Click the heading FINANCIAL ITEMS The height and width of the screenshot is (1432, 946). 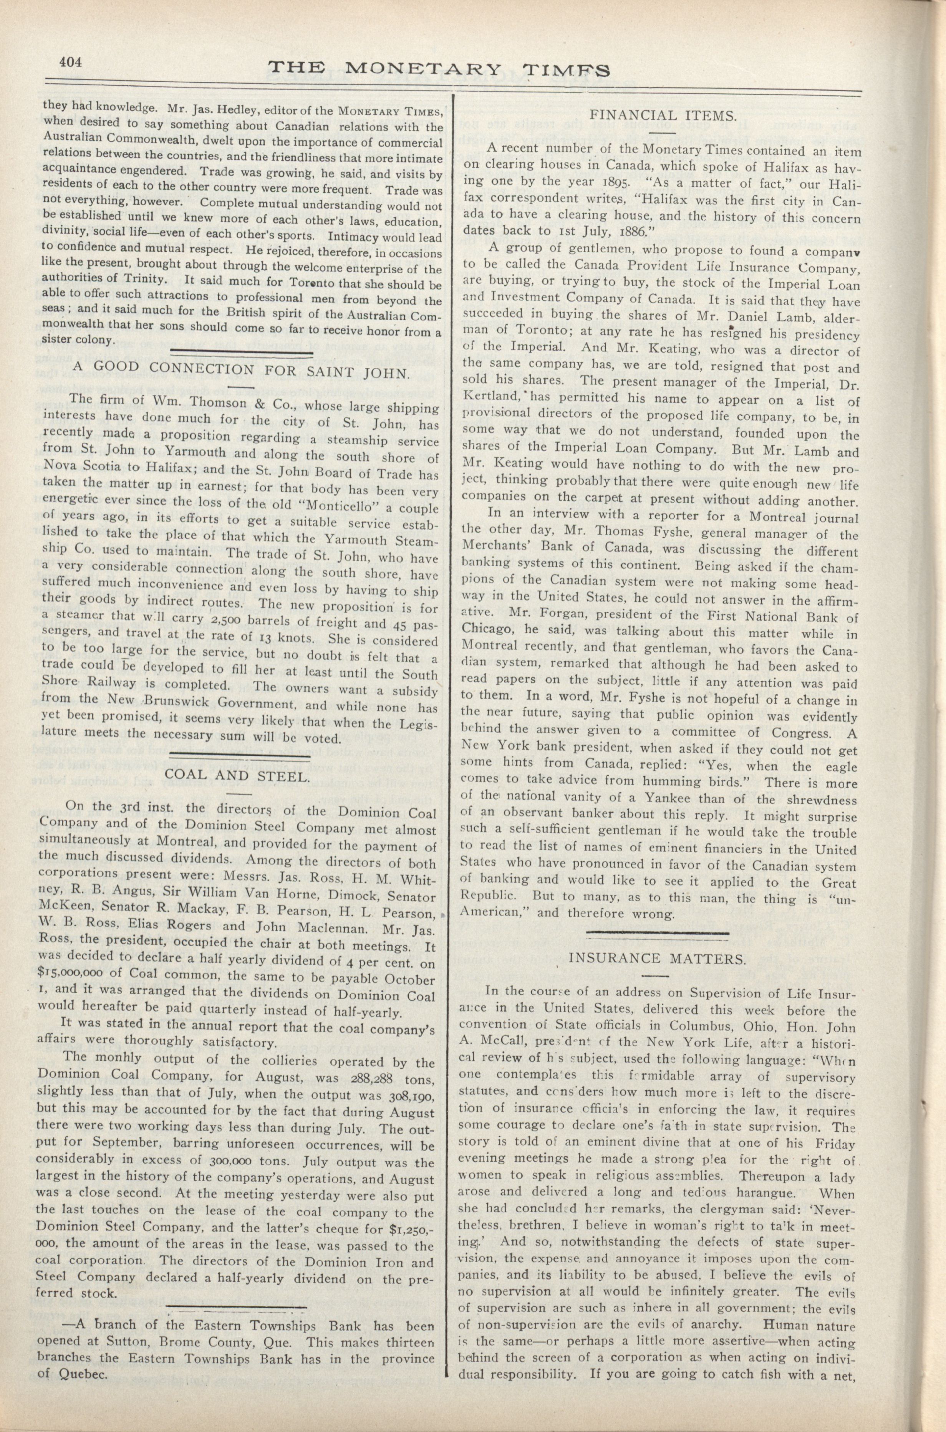(662, 114)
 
